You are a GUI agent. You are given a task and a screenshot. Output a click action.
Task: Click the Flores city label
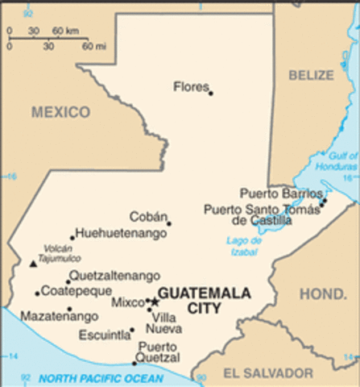pos(191,86)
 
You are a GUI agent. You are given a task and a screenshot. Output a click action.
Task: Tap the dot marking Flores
pos(211,94)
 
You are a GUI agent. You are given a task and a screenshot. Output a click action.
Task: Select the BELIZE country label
pos(310,75)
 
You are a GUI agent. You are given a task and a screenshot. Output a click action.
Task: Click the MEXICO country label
pos(60,112)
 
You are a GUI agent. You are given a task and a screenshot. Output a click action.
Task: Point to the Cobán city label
pos(148,216)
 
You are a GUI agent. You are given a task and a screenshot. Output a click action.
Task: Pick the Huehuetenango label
pos(122,233)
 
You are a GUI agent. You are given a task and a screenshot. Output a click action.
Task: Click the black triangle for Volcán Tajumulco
pos(32,263)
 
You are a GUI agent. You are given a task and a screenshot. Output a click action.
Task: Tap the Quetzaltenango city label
pos(114,275)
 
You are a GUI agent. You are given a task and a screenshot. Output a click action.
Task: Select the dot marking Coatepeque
pos(37,293)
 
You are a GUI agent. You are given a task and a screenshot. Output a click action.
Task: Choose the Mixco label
pos(127,303)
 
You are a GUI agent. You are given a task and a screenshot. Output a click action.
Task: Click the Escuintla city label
pos(105,335)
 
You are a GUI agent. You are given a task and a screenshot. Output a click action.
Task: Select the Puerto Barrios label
pos(279,193)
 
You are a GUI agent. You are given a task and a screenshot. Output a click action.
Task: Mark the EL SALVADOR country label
pos(267,372)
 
